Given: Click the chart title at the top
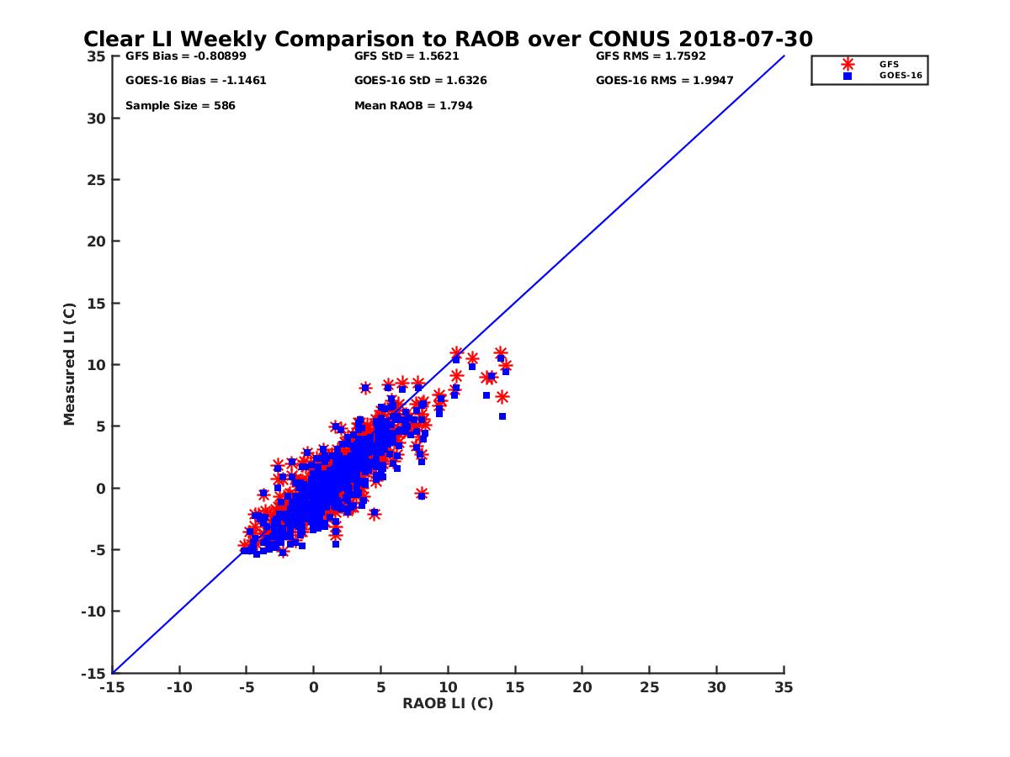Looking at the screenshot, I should (x=448, y=39).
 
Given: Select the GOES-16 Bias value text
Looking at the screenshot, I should (x=196, y=81).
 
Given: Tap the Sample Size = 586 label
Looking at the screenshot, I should (x=180, y=106).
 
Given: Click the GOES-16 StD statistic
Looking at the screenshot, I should (x=421, y=81).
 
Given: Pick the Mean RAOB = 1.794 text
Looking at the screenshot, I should (x=413, y=106).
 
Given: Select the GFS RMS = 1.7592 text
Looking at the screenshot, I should (x=651, y=56).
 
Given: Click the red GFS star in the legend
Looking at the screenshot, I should (x=848, y=64).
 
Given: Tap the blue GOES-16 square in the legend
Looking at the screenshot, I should (x=848, y=76).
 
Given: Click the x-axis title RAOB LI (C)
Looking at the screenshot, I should (x=448, y=703).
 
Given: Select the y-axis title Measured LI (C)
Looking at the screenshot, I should (x=69, y=363).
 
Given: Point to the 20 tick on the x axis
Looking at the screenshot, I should (x=582, y=687).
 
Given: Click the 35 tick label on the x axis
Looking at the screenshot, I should (x=784, y=687).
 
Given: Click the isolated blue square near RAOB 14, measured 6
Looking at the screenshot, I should (x=502, y=416).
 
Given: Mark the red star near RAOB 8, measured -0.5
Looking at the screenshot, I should (x=422, y=494).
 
